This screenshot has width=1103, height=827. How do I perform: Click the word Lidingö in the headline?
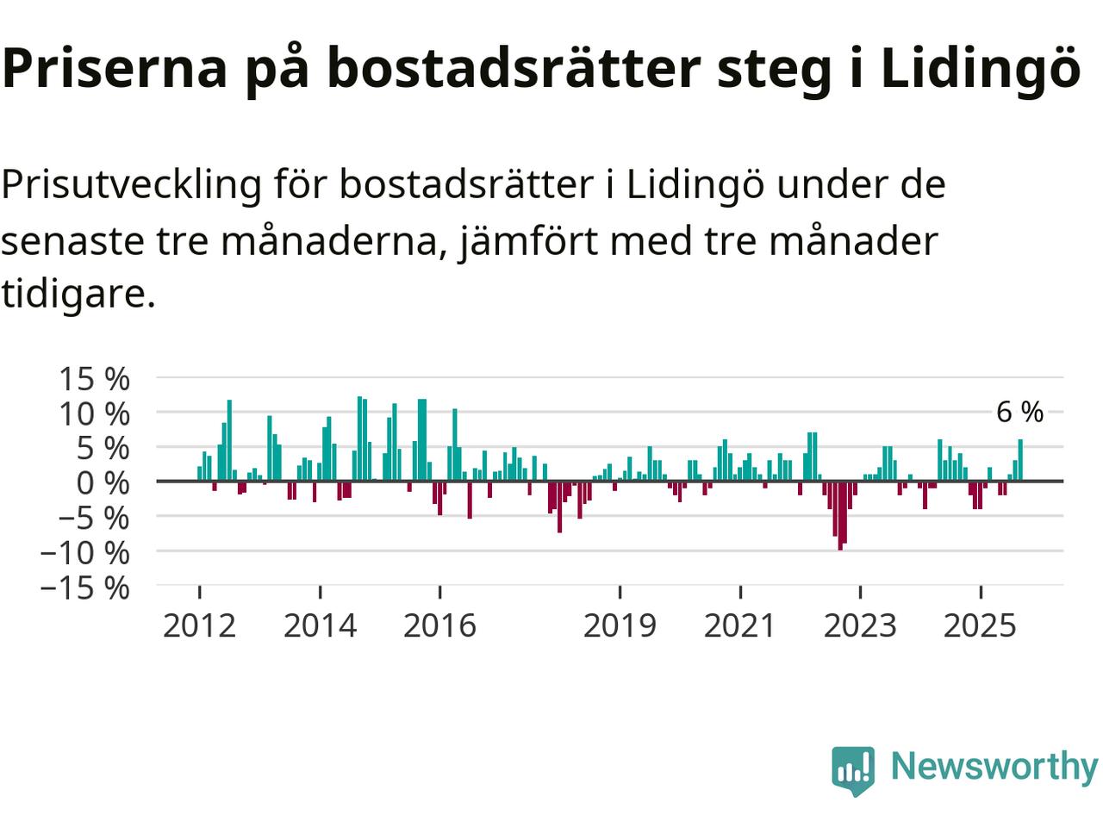click(980, 69)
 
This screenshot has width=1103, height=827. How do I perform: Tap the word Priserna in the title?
click(115, 69)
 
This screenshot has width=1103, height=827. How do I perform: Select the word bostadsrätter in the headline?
click(513, 69)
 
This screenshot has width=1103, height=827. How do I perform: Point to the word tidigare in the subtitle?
click(78, 295)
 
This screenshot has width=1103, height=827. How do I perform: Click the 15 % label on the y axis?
click(93, 378)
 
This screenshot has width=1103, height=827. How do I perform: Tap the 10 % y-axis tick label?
click(93, 413)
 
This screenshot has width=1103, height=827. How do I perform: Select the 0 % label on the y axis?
click(103, 482)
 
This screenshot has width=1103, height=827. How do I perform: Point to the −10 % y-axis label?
click(84, 552)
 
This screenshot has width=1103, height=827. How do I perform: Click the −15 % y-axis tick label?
click(84, 588)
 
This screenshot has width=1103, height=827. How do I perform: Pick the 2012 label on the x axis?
click(199, 625)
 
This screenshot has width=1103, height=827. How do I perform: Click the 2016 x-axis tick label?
click(439, 625)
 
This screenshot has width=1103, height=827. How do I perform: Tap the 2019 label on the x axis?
click(620, 625)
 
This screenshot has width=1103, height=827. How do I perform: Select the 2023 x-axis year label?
click(860, 625)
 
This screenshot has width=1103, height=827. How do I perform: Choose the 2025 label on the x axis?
click(980, 625)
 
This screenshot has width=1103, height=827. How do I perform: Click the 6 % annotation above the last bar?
click(1019, 413)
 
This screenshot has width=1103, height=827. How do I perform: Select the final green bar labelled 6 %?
click(1020, 460)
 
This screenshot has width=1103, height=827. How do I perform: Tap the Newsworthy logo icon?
click(853, 769)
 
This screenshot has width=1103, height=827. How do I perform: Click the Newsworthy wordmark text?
click(994, 766)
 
